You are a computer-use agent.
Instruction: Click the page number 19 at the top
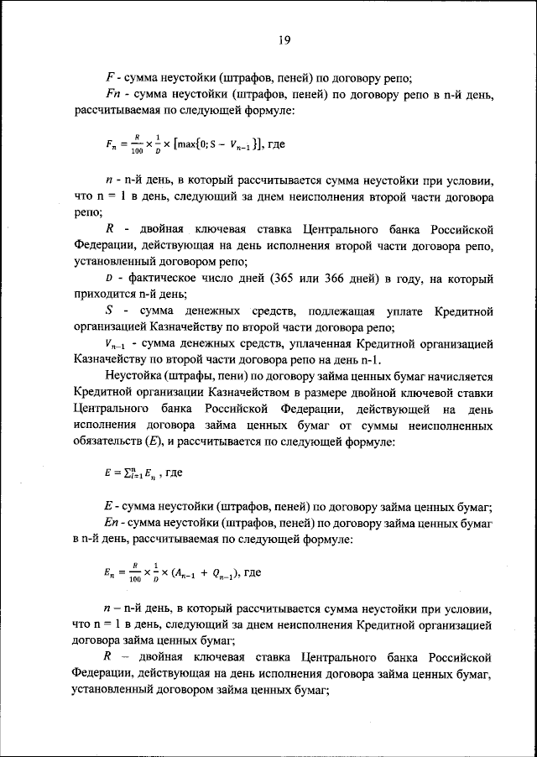point(284,38)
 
